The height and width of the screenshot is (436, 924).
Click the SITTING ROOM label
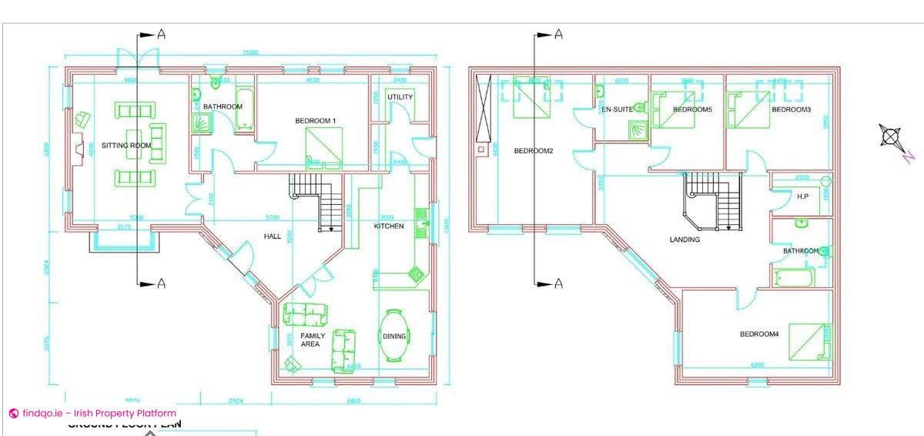[x=126, y=146]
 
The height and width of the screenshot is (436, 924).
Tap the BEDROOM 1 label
[x=316, y=121]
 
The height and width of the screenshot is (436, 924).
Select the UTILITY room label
[x=400, y=97]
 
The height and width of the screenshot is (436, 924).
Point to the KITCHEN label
[x=389, y=226]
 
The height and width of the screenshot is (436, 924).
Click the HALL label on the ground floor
[x=273, y=236]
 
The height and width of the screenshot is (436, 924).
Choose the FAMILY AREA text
[x=313, y=340]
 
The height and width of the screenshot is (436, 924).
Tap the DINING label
[x=394, y=337]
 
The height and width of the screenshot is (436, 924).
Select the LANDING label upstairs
[x=685, y=240]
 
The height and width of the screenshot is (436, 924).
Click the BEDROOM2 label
[x=534, y=151]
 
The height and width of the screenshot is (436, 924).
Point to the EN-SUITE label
[x=617, y=109]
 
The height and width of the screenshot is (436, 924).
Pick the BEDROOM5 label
[x=692, y=109]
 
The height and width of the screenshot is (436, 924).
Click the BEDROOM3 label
[x=791, y=109]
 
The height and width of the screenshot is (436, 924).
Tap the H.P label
[x=802, y=197]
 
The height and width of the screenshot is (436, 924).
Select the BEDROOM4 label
[x=759, y=334]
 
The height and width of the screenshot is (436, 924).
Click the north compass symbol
[x=890, y=137]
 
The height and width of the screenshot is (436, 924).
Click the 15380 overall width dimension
[x=249, y=53]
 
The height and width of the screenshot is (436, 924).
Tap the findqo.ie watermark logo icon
[x=13, y=414]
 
